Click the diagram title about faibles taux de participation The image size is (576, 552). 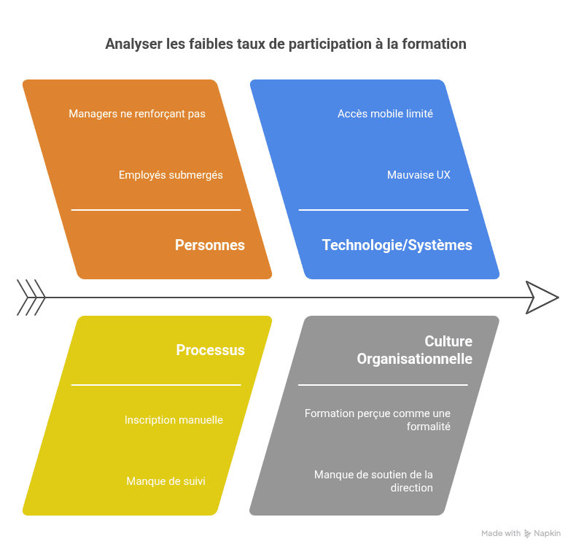point(285,44)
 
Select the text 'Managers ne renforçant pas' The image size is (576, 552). point(137,114)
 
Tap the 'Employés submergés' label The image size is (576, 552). point(171,175)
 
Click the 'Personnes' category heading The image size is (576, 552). point(210,245)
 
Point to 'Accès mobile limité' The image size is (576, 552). point(385,114)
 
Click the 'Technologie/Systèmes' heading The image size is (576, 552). point(397,245)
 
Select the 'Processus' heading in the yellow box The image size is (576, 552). point(210,350)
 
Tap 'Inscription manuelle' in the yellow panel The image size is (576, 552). point(174,420)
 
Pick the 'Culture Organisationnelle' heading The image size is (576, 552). point(414,350)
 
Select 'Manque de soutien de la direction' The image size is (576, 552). point(373,481)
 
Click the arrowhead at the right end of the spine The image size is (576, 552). point(542,298)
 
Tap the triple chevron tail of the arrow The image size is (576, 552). point(31,298)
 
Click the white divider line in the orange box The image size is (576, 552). point(155,210)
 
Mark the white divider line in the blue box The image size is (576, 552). point(384,210)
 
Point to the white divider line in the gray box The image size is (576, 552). point(383,385)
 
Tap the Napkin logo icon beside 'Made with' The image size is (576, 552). point(528,534)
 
